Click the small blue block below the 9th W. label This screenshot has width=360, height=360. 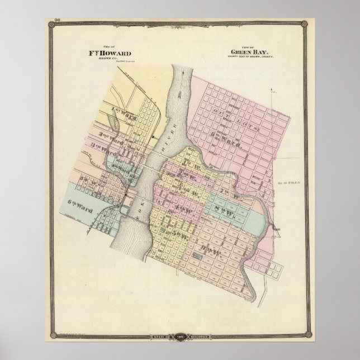(x=197, y=257)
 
